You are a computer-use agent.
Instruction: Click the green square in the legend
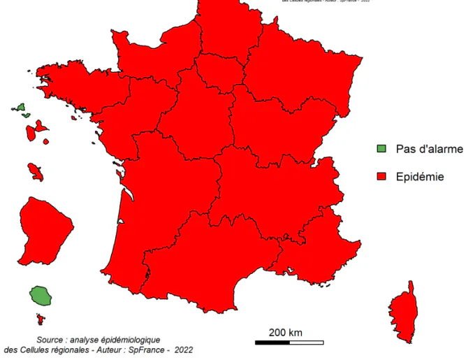coord(381,148)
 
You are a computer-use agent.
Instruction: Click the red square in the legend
coord(381,176)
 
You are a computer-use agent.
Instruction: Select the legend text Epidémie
coord(420,177)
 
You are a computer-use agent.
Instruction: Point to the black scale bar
coord(288,343)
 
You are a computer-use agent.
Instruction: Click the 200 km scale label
coord(286,332)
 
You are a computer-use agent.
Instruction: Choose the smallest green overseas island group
coord(21,109)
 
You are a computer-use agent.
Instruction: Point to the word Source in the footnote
coord(53,338)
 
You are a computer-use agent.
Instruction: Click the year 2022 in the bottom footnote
coord(184,350)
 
